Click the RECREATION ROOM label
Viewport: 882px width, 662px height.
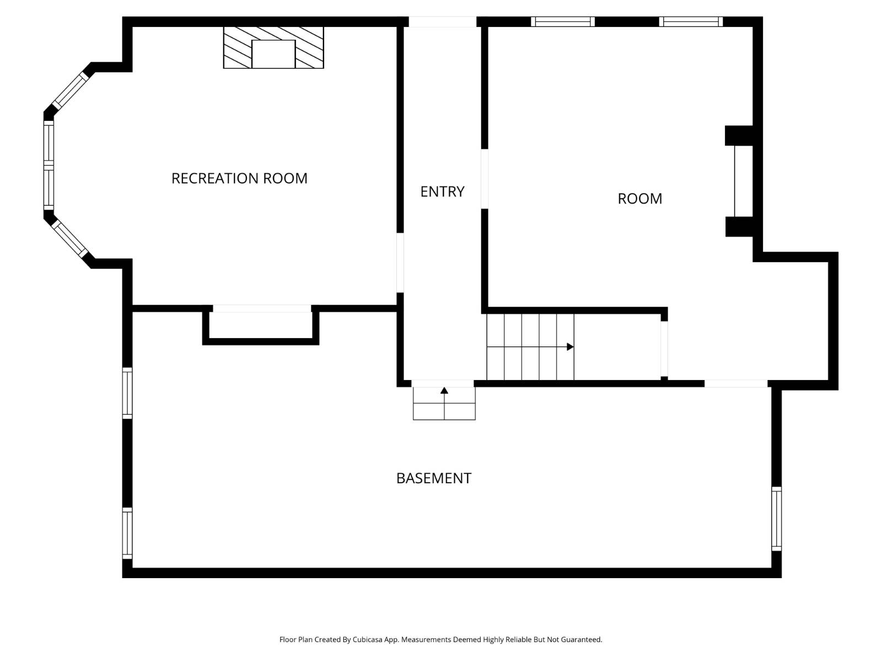point(239,178)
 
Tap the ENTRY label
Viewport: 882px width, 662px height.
point(442,191)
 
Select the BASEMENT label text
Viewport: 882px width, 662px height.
point(434,478)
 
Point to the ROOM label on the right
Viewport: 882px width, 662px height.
point(639,199)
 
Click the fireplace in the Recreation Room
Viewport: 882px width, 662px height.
point(273,48)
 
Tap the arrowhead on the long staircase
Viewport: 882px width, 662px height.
point(571,347)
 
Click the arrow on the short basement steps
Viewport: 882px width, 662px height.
point(444,391)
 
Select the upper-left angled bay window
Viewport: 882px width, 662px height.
point(71,90)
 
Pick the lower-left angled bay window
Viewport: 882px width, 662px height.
point(71,239)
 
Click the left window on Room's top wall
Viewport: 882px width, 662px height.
point(563,22)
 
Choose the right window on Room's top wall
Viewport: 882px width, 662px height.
point(691,22)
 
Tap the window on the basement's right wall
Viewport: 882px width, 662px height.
point(776,519)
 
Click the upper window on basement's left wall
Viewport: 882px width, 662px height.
point(127,393)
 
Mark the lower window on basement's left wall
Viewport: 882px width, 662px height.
point(127,533)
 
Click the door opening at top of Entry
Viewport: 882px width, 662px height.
point(442,22)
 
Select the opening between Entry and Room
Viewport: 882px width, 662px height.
point(485,179)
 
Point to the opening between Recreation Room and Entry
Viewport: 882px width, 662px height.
point(400,263)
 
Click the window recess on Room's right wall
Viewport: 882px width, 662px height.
point(744,181)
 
